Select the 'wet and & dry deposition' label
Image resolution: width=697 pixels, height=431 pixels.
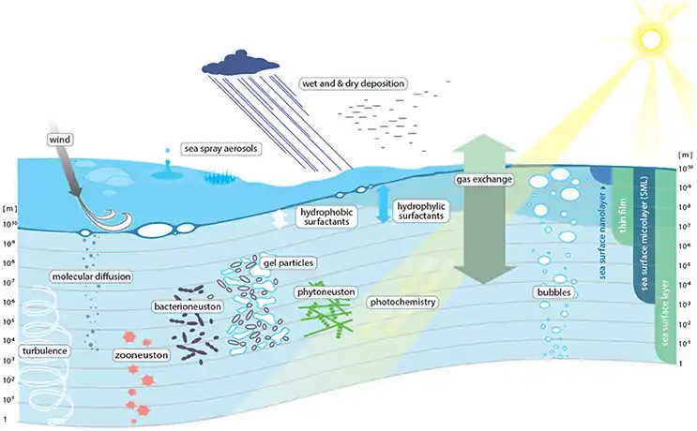353,83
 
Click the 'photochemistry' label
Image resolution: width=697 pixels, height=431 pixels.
405,303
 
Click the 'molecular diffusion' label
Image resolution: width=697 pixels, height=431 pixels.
92,276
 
